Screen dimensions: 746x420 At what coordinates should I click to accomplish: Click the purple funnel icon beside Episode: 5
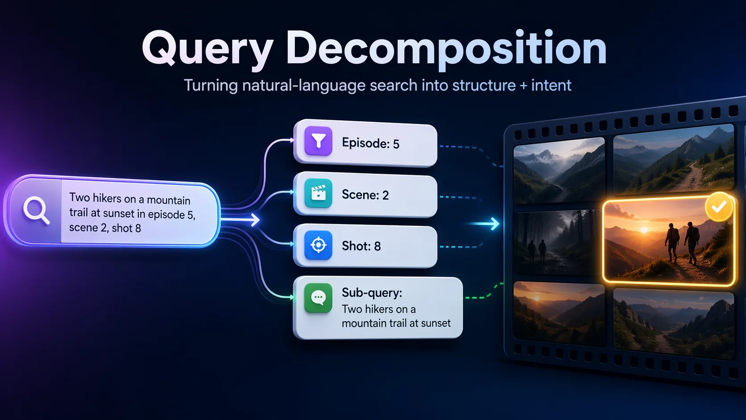[318, 141]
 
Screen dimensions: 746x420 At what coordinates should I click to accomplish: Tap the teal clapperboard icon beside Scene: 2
[318, 193]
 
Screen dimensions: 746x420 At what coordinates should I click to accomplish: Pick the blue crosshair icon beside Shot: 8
[318, 245]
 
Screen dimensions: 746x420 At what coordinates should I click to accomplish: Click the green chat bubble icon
[318, 297]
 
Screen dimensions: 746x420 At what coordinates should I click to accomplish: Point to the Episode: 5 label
[370, 143]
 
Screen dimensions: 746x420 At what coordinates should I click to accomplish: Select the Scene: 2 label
[365, 195]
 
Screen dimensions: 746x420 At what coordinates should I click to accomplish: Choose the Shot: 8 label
[361, 246]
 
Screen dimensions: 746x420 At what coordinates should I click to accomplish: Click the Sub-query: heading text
[372, 293]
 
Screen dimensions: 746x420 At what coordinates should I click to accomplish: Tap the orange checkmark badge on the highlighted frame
[719, 207]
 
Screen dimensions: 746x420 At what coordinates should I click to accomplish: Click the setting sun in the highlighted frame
[644, 230]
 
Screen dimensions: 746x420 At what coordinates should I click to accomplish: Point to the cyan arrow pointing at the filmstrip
[485, 224]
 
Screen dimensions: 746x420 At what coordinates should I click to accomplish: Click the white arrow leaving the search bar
[240, 220]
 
